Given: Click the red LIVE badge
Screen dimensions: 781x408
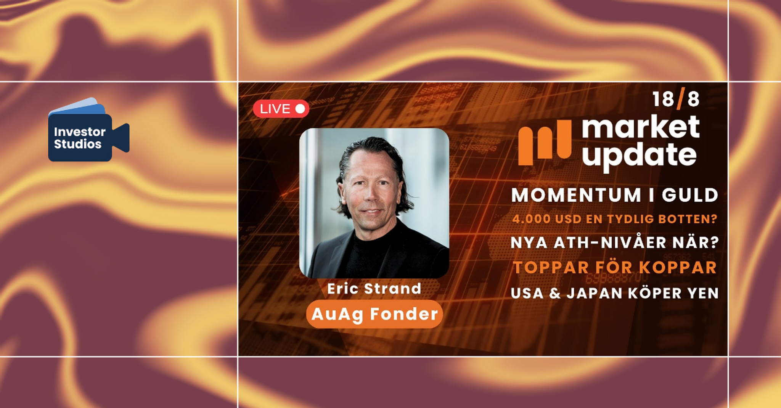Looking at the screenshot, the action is (281, 109).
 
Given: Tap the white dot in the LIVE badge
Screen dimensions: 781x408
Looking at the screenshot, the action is (300, 109).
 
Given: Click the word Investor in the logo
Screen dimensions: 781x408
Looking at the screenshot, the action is (80, 132).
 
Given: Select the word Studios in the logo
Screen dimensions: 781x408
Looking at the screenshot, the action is (78, 144).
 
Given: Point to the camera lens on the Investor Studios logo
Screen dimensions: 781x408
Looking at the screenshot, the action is (121, 138).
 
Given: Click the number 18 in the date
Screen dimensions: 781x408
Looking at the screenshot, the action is (664, 99).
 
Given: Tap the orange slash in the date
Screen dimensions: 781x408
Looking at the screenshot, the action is (681, 98).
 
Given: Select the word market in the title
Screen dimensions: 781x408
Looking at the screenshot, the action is (641, 127).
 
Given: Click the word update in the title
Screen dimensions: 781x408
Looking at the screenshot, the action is (640, 156).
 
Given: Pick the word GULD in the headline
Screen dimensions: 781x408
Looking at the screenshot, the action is (690, 195).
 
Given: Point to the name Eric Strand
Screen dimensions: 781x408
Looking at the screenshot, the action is (374, 288).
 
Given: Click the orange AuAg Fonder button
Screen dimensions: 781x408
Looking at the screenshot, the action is (374, 314).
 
